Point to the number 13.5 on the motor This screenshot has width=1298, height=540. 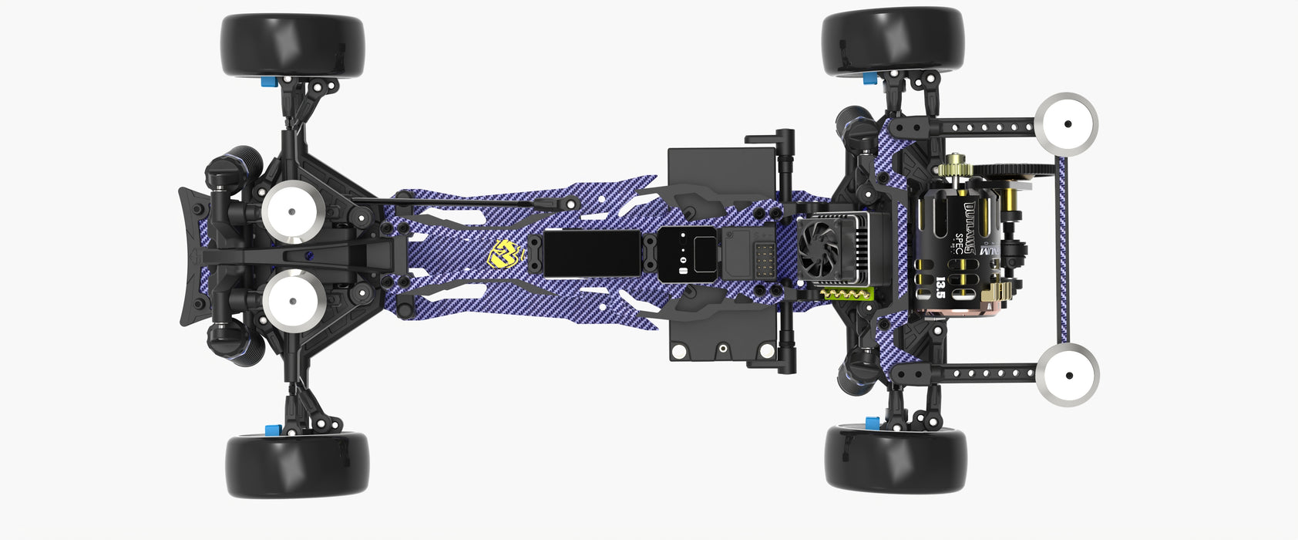(940, 289)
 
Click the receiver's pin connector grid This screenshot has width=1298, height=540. (765, 258)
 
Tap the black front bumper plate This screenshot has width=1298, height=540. (190, 255)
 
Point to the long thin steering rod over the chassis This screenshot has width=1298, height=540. (455, 202)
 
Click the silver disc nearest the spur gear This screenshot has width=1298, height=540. (1066, 123)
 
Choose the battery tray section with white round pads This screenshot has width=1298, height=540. (721, 339)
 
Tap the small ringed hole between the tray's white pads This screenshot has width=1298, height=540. (723, 348)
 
